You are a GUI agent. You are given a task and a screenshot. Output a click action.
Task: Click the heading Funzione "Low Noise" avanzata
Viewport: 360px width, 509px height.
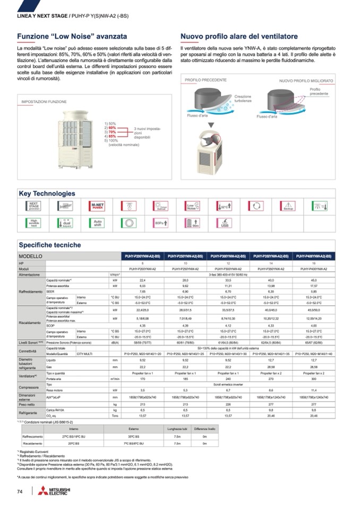point(72,37)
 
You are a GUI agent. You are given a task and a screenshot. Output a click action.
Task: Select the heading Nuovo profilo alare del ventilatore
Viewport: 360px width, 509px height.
point(239,37)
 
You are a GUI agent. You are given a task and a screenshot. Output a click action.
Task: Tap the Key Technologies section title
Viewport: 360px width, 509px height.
point(47,194)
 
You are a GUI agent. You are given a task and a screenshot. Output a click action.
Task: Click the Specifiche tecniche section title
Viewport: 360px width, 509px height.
point(50,245)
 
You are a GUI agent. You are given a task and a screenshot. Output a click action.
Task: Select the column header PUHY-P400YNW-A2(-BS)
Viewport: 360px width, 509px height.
point(313,256)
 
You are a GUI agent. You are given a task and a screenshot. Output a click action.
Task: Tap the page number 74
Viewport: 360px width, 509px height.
point(20,491)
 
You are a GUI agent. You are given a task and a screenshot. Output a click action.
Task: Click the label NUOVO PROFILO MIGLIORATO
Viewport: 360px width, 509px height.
point(306,81)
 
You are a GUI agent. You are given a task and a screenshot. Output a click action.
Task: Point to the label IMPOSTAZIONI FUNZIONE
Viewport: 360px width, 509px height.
point(44,101)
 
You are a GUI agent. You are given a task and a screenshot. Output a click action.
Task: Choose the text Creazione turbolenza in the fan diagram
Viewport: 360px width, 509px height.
point(243,99)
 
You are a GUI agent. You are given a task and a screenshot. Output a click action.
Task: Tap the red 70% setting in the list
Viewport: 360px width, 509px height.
point(112,132)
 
